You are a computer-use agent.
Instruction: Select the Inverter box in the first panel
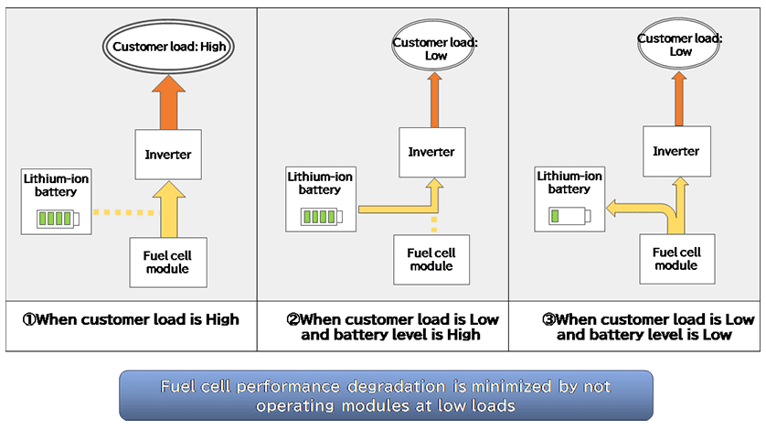tap(168, 154)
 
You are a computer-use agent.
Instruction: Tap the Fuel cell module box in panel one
tap(167, 261)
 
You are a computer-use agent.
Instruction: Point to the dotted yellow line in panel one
tap(124, 213)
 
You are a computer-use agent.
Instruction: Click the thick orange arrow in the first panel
tap(168, 101)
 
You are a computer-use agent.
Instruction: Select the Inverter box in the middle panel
tap(431, 151)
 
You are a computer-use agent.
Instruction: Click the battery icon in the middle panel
tap(320, 216)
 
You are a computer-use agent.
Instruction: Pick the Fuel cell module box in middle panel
tap(431, 259)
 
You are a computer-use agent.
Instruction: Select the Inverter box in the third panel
tap(677, 151)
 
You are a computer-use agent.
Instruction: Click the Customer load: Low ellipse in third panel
tap(680, 46)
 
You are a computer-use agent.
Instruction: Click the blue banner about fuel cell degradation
tap(386, 395)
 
